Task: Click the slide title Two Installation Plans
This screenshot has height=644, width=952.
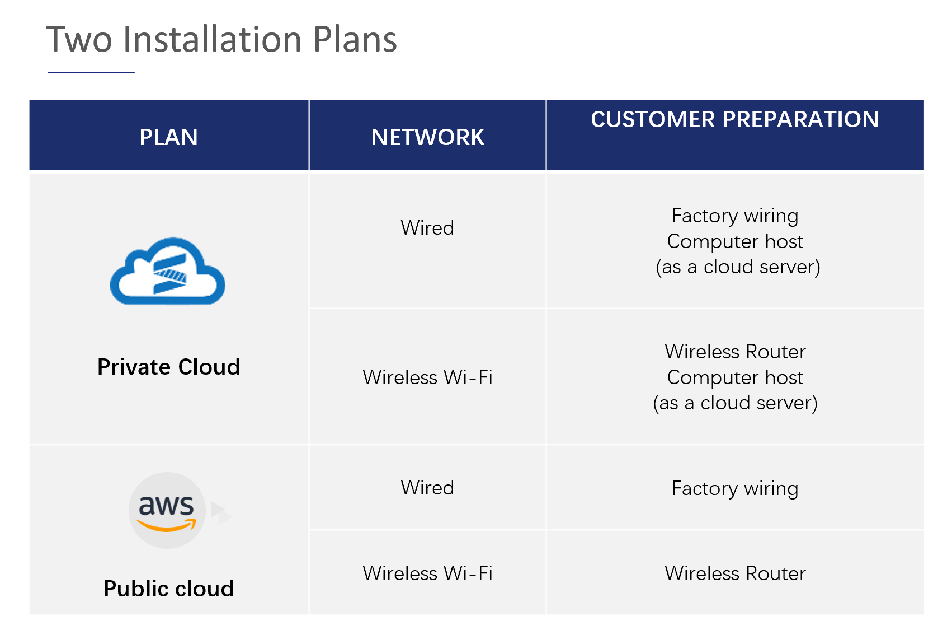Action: [x=221, y=39]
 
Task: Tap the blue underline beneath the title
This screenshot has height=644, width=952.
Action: [x=91, y=72]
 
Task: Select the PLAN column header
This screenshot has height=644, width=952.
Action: [x=169, y=137]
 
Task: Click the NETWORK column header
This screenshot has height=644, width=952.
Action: [x=427, y=137]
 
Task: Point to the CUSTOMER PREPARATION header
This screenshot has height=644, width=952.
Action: [x=735, y=119]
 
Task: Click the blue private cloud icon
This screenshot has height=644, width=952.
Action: [x=167, y=271]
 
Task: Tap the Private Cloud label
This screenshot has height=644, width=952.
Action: [x=169, y=367]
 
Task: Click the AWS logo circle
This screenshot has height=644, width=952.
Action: [x=167, y=510]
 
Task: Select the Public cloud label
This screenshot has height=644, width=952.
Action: [x=169, y=588]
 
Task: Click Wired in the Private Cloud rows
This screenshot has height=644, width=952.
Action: [x=427, y=227]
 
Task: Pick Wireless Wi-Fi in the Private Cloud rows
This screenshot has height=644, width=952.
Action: [x=427, y=377]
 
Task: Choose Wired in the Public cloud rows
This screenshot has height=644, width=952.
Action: [x=427, y=487]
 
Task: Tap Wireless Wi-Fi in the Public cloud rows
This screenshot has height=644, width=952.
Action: [x=427, y=573]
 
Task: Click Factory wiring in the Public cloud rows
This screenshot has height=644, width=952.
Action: [x=735, y=488]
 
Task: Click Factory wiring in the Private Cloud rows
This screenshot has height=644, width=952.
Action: [x=735, y=216]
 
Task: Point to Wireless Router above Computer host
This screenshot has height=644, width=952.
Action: [x=735, y=352]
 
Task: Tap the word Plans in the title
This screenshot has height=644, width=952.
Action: [x=355, y=39]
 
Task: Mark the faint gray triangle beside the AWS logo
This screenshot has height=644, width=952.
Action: [x=221, y=513]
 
